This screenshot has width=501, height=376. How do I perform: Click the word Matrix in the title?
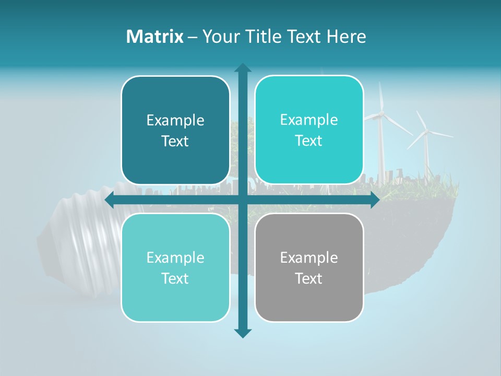point(154,37)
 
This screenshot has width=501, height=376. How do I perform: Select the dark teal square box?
point(175,131)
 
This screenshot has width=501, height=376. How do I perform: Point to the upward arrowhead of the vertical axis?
point(243,68)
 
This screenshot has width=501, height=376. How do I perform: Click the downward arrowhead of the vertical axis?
point(243,333)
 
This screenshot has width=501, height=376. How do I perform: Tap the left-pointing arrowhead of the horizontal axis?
point(110,200)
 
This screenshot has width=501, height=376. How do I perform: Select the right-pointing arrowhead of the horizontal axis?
point(374,200)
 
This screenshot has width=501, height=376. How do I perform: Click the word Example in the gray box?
point(309,257)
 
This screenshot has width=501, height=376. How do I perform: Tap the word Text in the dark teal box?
point(175,142)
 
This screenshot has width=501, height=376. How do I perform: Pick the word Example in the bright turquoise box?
point(309,120)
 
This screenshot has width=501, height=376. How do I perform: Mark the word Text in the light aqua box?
point(175,279)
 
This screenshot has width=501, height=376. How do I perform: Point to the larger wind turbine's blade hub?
point(381,113)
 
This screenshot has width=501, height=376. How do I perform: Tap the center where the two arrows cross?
point(243,200)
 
